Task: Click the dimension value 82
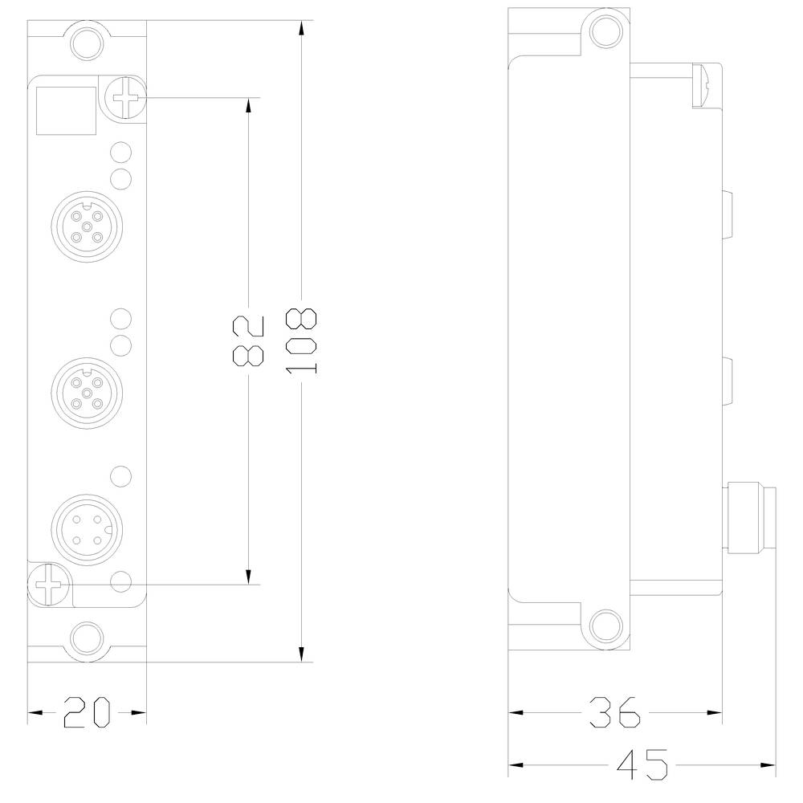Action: (x=247, y=341)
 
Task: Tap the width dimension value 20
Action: (x=87, y=711)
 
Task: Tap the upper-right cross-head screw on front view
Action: (x=127, y=100)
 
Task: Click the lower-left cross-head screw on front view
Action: (x=47, y=584)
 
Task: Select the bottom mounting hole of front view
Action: (x=87, y=639)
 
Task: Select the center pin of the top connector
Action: (x=85, y=227)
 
